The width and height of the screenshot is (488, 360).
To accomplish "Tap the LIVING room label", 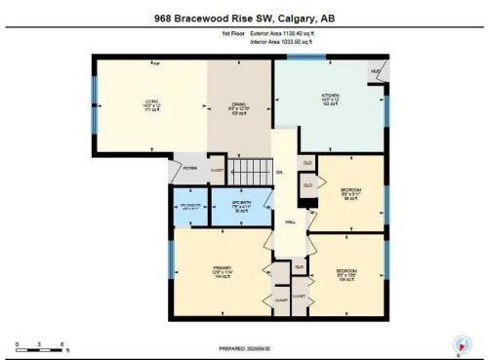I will (x=151, y=104).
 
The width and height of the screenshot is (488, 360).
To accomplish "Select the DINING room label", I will (x=237, y=104).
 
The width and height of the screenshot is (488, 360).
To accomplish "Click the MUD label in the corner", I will (x=375, y=73).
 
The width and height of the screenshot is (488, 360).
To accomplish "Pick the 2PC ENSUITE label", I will (x=189, y=207).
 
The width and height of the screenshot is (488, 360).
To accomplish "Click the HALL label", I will (x=290, y=223).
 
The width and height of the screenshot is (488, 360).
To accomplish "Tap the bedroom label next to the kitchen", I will (x=350, y=191).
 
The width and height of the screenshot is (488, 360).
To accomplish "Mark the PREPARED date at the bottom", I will (x=243, y=347).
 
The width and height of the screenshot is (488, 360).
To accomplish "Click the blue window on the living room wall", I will (x=96, y=106).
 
